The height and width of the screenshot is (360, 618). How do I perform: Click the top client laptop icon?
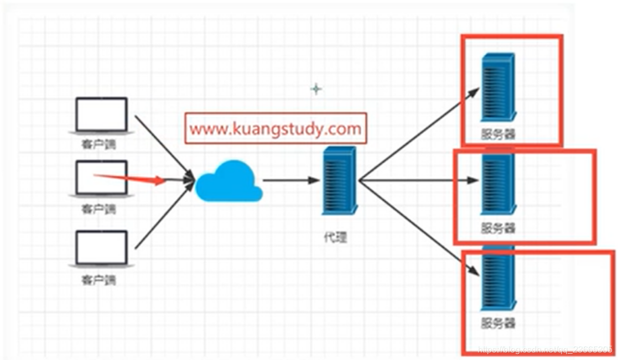(101, 116)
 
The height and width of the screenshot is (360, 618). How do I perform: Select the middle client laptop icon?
(101, 178)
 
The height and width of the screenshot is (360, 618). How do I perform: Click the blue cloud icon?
(229, 181)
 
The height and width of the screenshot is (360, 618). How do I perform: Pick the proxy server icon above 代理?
(338, 180)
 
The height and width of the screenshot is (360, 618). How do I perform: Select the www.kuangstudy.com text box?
(276, 129)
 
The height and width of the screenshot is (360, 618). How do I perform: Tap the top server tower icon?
(498, 87)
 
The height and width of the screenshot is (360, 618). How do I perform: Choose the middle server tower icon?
(498, 184)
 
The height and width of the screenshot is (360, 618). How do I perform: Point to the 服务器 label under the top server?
(498, 134)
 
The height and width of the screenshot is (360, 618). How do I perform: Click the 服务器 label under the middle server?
(498, 228)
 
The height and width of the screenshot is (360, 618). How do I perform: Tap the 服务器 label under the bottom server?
(498, 322)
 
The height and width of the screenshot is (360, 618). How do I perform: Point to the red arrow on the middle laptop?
(131, 178)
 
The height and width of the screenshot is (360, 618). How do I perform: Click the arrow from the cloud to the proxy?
(290, 180)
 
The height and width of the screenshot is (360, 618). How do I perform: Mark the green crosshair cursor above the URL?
(316, 88)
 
